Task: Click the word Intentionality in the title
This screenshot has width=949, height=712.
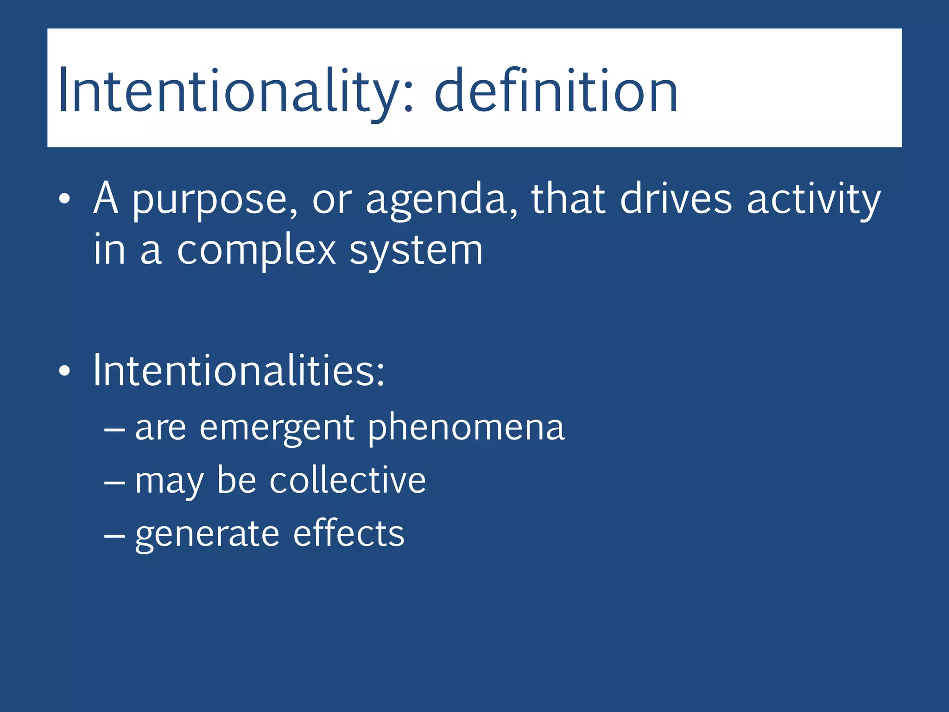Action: click(227, 90)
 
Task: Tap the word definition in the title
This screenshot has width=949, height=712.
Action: click(556, 90)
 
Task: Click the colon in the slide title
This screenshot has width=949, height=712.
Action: click(408, 95)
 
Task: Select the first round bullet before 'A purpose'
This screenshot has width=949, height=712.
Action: click(64, 199)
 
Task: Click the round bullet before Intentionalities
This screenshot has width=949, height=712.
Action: click(64, 371)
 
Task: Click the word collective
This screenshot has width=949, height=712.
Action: click(348, 481)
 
